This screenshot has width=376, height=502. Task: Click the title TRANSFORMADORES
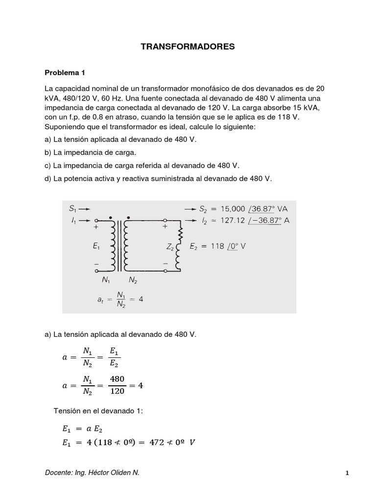[x=188, y=47]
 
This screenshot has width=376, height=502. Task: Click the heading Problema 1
[x=65, y=73]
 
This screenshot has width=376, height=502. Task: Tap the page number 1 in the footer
[x=347, y=473]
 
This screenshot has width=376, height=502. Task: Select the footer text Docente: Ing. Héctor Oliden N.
[x=92, y=472]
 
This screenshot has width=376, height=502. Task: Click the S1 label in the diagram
[x=73, y=208]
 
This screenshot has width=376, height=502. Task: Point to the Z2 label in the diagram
[x=170, y=247]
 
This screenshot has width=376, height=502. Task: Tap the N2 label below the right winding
[x=133, y=281]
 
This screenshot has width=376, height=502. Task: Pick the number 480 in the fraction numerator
[x=117, y=378]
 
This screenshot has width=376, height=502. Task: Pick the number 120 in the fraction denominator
[x=117, y=392]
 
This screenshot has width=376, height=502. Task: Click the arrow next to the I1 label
[x=84, y=220]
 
